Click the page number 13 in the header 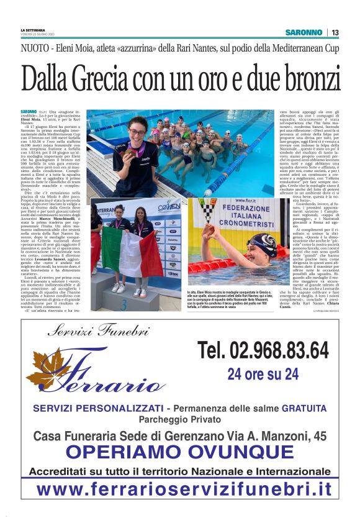coord(335,32)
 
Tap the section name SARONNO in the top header coord(304,32)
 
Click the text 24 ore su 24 coord(263,373)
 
